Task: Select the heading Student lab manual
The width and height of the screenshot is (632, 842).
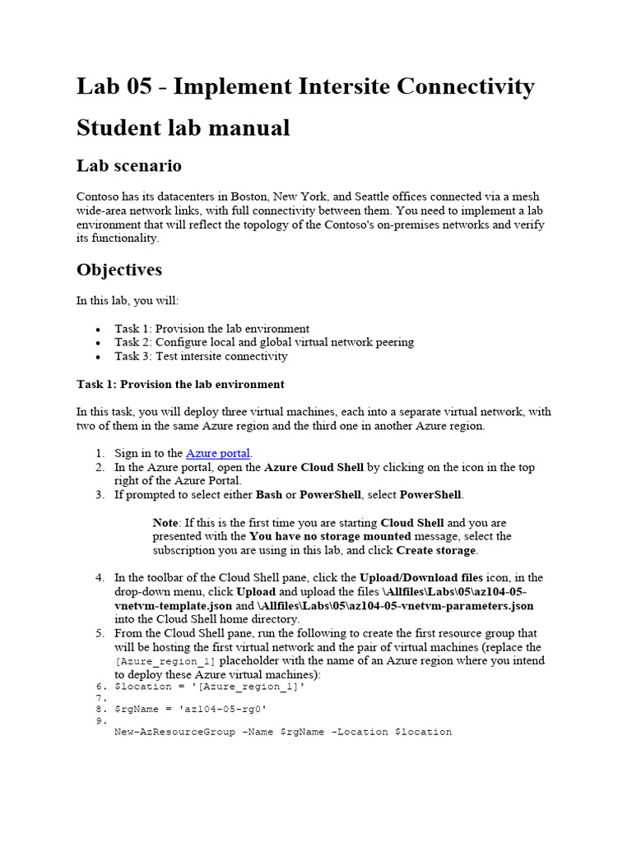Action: (183, 128)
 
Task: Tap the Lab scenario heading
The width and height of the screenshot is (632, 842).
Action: (128, 166)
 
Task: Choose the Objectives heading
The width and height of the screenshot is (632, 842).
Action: (118, 270)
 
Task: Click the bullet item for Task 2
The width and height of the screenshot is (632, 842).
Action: (263, 342)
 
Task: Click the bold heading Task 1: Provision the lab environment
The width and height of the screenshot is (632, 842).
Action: (180, 384)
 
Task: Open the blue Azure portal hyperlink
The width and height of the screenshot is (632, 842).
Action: (218, 453)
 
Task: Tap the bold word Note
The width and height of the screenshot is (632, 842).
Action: (166, 522)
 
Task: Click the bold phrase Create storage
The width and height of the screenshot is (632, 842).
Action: (435, 550)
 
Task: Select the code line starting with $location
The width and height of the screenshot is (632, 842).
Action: (209, 687)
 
